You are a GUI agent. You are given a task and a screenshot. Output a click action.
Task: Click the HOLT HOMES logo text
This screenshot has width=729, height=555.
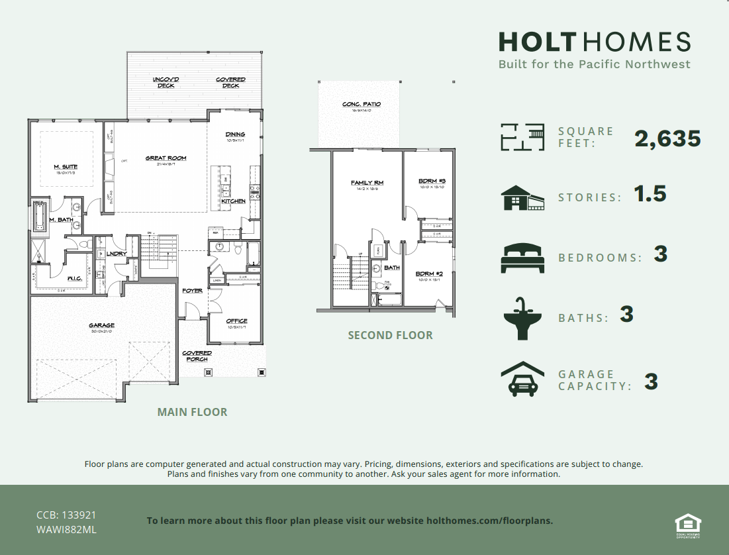[x=594, y=42]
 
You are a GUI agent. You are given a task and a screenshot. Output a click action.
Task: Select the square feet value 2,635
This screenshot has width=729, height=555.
[x=667, y=138]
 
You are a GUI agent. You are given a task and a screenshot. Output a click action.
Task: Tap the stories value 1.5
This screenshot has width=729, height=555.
[x=650, y=194]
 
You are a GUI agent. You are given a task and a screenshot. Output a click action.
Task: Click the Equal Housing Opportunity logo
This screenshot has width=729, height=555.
[x=688, y=523]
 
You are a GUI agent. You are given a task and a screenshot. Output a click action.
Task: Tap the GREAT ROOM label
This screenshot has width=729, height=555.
[x=166, y=158]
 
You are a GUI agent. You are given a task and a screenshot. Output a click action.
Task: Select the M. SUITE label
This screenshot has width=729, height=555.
[x=66, y=167]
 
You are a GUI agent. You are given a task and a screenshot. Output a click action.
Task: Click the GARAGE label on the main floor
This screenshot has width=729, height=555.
[x=102, y=325]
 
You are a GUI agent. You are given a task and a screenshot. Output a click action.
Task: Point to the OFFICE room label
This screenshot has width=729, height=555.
[x=236, y=321]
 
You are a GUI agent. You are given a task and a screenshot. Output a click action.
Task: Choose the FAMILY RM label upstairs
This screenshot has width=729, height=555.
[x=367, y=183]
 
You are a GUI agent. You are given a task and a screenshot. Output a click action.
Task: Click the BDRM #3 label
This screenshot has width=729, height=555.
[x=432, y=181]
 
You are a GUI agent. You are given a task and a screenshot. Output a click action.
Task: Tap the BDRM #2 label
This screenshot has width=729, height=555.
[x=429, y=274]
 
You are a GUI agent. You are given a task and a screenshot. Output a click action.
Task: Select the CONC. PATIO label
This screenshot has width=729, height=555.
[x=361, y=104]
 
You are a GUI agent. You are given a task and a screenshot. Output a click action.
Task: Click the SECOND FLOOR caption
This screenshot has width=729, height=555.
[x=390, y=335]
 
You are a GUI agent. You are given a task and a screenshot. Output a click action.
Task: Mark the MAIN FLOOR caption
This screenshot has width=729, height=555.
[x=192, y=412]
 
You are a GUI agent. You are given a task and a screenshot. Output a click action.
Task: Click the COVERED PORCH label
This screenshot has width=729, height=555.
[x=197, y=356]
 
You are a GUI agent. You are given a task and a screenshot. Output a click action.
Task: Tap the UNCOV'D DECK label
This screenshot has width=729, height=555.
[x=166, y=82]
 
